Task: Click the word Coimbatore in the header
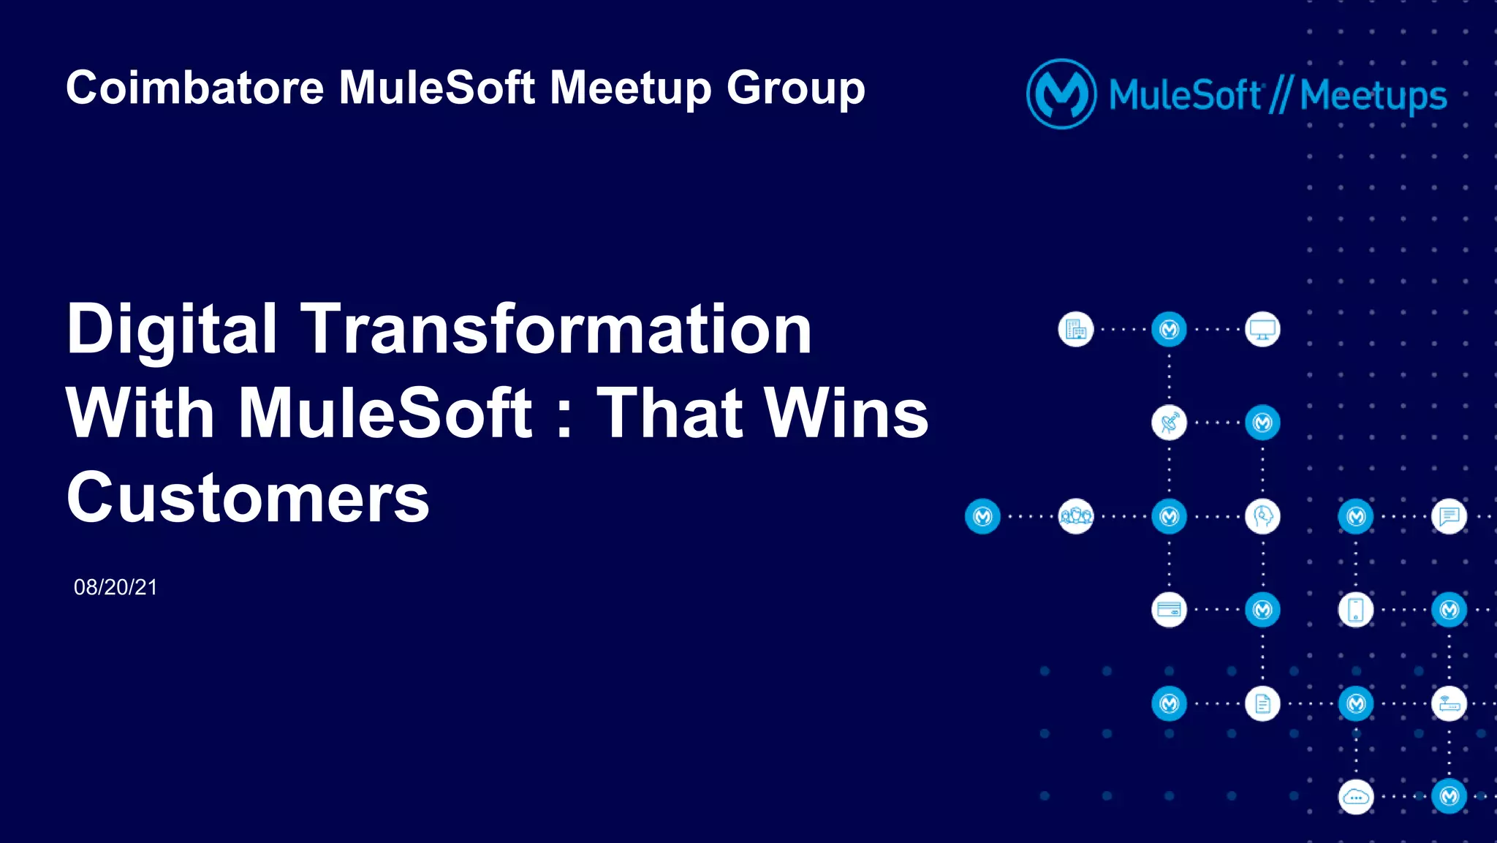(194, 88)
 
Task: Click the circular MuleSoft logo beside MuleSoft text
(1061, 94)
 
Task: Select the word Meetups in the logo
(1373, 96)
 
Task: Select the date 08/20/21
(115, 587)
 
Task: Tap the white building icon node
(1076, 330)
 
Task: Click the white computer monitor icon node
(1262, 330)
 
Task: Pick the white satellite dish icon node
(1169, 423)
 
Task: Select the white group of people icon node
(1076, 516)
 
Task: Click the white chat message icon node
(1449, 516)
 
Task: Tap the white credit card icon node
(1169, 610)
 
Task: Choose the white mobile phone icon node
(1356, 610)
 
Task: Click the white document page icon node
(1262, 703)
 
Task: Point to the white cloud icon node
(1356, 797)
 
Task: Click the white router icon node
(1449, 703)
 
